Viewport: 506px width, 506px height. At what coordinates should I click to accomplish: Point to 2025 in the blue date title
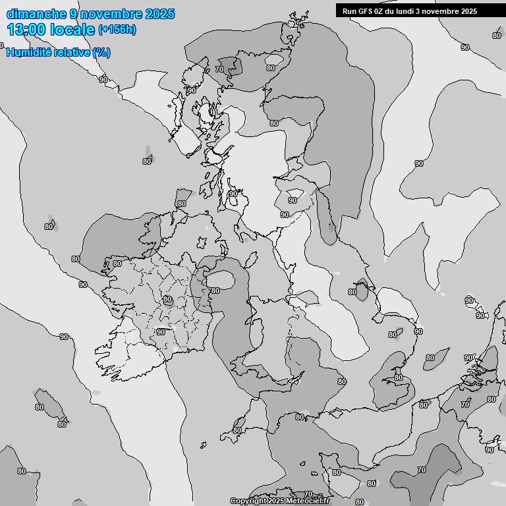click(x=160, y=14)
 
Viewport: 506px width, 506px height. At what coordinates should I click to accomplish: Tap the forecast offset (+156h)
click(x=117, y=30)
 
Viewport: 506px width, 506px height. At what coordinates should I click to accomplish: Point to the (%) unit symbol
click(x=101, y=52)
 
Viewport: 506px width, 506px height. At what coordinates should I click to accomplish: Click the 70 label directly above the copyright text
click(x=308, y=494)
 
